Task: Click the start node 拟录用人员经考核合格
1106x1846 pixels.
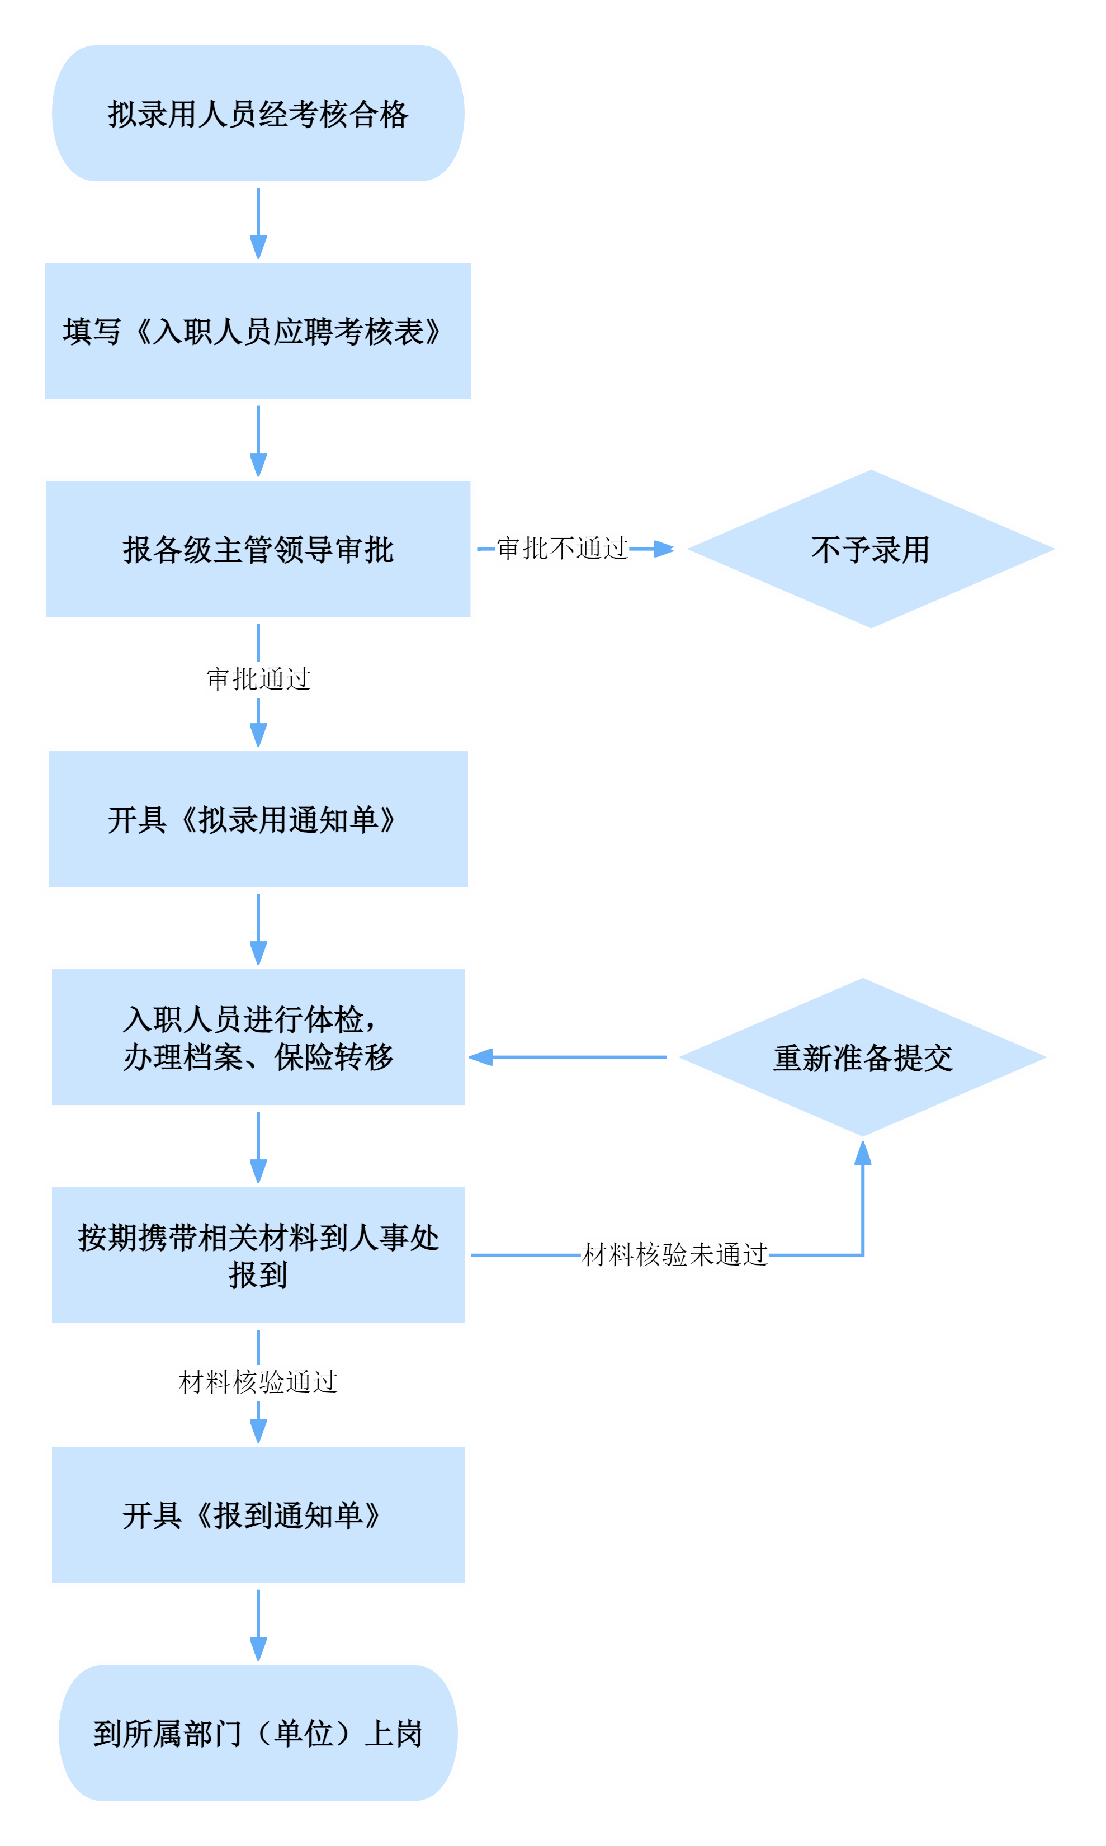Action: (258, 114)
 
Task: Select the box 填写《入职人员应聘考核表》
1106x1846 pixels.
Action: (258, 332)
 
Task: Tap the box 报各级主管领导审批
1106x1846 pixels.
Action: (258, 549)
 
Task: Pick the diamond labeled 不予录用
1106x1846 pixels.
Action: (871, 549)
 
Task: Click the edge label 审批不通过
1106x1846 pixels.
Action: (562, 549)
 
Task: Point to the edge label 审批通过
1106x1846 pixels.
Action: (258, 679)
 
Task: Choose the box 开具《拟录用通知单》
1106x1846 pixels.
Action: (258, 819)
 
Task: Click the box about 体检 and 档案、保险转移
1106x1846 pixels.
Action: (258, 1037)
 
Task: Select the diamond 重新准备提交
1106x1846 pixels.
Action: (863, 1057)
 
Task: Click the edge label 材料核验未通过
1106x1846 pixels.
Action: (674, 1255)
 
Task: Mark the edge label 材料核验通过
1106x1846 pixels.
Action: (258, 1382)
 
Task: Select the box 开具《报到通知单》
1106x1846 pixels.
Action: (258, 1515)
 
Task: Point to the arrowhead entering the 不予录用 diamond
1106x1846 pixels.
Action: (663, 549)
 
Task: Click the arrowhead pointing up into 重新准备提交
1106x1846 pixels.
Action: (863, 1154)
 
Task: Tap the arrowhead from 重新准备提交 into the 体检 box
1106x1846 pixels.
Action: (481, 1057)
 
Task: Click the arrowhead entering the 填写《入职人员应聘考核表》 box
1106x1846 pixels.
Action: (258, 247)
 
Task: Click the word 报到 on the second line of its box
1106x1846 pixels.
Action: (258, 1275)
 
